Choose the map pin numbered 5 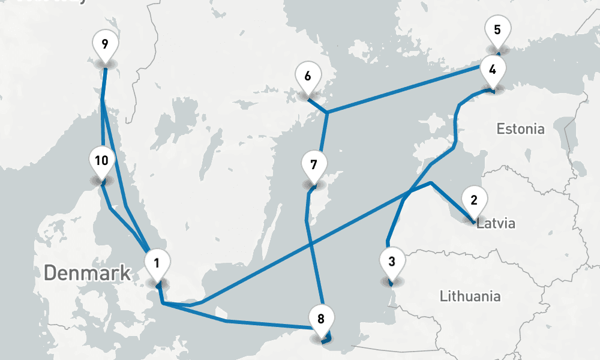tap(497, 30)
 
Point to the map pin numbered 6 tap(308, 77)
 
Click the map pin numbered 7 tap(313, 164)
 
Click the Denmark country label tap(88, 273)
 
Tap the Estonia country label tap(521, 129)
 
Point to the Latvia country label tap(496, 224)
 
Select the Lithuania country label tap(470, 296)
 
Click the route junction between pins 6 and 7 tap(326, 113)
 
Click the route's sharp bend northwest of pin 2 tap(431, 183)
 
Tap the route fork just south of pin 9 tap(103, 99)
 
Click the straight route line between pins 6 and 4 tap(408, 90)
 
